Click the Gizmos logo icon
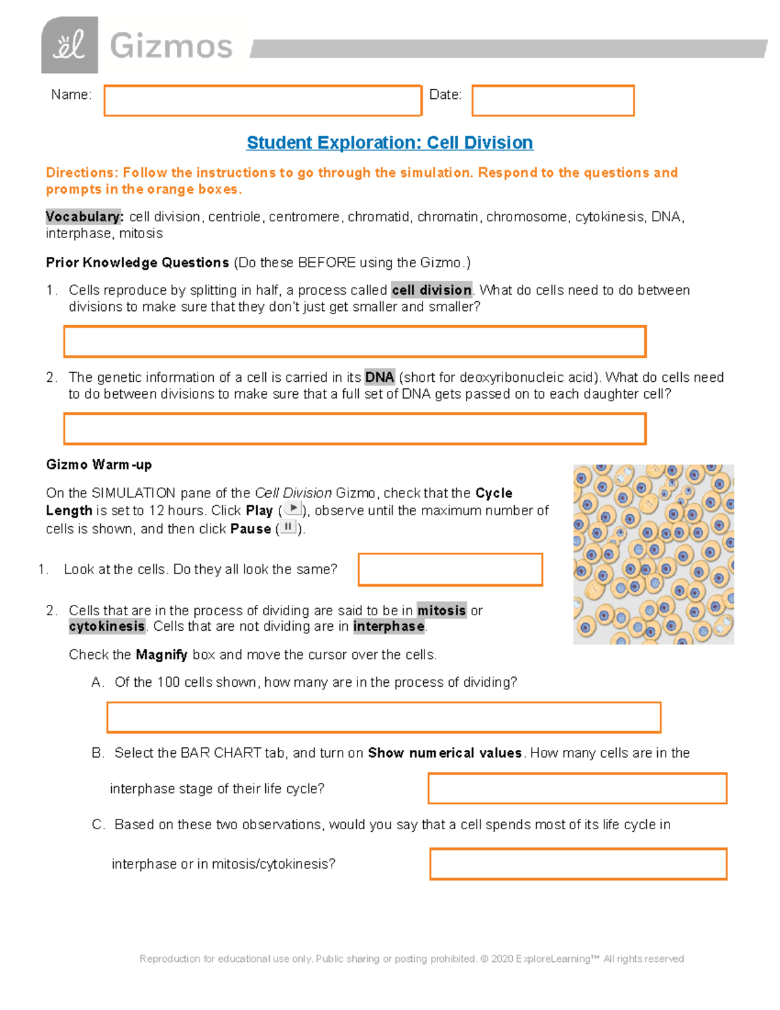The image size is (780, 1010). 70,45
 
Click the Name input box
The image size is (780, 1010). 263,101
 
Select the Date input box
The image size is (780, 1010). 552,101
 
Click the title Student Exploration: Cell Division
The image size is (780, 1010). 390,142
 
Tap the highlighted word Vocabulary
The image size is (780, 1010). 84,217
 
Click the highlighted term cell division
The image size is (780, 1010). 432,290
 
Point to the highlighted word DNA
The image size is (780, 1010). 380,377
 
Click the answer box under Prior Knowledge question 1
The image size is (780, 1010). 354,341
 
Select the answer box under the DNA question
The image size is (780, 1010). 354,429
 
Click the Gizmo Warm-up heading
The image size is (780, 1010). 99,464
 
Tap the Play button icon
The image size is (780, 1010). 293,509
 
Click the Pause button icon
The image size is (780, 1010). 288,527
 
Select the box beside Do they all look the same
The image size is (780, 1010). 450,570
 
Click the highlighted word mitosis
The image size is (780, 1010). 441,610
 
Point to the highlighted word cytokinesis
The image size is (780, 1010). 107,626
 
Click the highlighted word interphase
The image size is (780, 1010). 389,626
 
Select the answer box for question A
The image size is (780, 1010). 383,717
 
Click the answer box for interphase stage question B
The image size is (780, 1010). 577,788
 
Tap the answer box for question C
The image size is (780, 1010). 578,864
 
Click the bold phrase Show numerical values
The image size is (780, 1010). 445,752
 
